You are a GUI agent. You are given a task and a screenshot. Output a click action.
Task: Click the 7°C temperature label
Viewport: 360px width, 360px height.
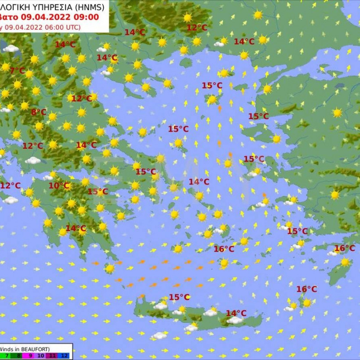click(x=18, y=71)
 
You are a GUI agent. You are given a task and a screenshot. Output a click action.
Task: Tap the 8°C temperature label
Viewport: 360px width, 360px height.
click(x=39, y=112)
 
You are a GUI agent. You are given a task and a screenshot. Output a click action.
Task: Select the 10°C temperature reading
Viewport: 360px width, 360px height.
click(x=59, y=186)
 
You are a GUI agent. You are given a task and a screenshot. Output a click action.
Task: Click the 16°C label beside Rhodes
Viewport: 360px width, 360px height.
click(x=345, y=248)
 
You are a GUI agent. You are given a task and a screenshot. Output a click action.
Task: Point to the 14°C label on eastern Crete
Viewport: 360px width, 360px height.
click(x=236, y=313)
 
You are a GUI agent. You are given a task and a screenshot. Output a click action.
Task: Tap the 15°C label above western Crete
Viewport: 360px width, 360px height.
click(x=179, y=297)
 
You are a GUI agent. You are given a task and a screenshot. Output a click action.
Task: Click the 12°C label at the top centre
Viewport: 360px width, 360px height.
click(x=197, y=28)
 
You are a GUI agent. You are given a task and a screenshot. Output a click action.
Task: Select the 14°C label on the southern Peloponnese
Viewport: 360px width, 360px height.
click(x=76, y=228)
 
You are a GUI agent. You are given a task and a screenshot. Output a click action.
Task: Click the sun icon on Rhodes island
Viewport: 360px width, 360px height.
click(x=345, y=262)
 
